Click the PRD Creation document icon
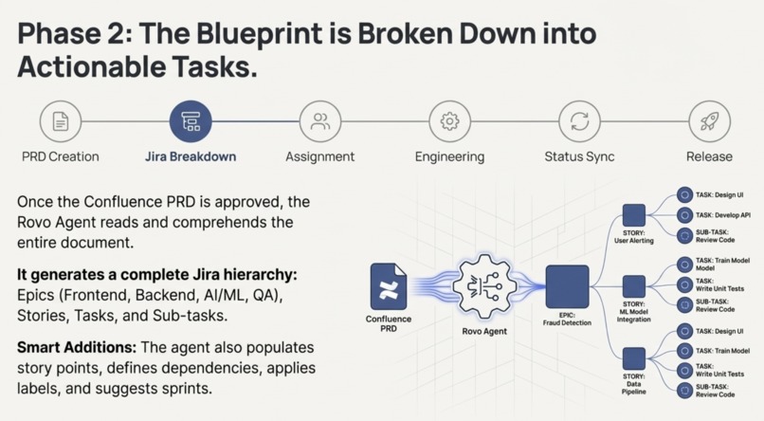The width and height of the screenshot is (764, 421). point(61,121)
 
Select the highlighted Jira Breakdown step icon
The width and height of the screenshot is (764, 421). point(191,121)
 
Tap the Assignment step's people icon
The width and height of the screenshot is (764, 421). point(320,121)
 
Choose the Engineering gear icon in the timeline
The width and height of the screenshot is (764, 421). point(449,121)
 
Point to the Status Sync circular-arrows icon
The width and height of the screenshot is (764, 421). point(579,121)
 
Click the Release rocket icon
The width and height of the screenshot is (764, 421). point(709,121)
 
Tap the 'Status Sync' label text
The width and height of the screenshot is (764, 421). point(579,156)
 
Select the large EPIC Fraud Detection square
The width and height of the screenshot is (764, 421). point(567,287)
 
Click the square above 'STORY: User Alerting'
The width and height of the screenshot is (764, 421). point(634,215)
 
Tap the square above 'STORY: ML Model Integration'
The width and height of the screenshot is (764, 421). point(634,286)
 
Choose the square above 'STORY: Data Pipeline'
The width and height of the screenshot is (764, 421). point(634,358)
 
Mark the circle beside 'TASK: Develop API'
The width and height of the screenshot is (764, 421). point(683,215)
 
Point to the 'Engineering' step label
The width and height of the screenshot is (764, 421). point(449,156)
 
